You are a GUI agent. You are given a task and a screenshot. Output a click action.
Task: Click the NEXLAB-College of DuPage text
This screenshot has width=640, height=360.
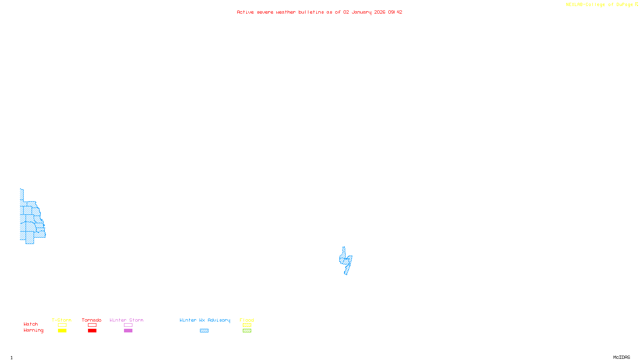coord(599,5)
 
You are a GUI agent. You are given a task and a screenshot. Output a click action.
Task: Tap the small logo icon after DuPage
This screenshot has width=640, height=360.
coord(637,4)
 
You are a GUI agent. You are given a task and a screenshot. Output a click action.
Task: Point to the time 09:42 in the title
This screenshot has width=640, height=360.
coord(395,12)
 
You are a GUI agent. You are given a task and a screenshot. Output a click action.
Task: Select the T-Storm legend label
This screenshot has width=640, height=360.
coord(62,320)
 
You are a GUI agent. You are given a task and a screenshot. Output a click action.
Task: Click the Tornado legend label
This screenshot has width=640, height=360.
coord(92,320)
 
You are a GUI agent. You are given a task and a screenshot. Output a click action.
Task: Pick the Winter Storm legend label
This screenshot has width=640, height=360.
coord(126,320)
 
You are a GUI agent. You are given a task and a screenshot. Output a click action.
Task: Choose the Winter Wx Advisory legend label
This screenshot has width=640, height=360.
coord(205,320)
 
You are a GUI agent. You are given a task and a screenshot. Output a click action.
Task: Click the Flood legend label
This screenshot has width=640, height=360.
coord(247,320)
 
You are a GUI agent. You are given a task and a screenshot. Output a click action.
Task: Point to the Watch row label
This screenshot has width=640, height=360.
coord(31,324)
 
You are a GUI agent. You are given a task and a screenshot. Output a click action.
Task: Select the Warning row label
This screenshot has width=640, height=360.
coord(33,330)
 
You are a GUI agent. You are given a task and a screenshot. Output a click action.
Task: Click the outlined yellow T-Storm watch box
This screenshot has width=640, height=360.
coord(62,325)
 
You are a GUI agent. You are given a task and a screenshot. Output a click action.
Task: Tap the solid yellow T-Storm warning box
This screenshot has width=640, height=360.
coord(62,331)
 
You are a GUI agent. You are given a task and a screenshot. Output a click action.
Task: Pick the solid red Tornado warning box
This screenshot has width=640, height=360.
coord(92,331)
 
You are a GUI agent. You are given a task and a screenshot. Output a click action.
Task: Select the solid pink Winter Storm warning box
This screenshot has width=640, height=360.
coord(128,331)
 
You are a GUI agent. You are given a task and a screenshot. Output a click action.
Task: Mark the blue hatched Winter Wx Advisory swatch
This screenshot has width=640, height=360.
coord(204,331)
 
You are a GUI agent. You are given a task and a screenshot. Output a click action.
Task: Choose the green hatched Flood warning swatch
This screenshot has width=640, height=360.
coord(247,331)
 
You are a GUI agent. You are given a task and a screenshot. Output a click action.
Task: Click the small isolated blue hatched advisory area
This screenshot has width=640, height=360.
coord(346,261)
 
